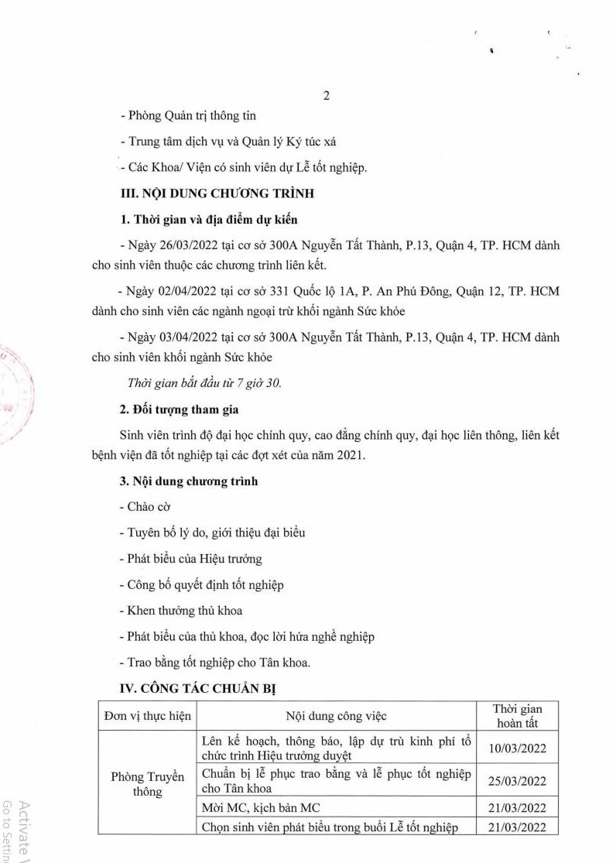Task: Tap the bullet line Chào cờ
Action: pyautogui.click(x=145, y=506)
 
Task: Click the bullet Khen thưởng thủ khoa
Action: pyautogui.click(x=181, y=610)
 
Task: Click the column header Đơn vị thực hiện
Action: pyautogui.click(x=147, y=716)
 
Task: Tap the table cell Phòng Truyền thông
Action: pyautogui.click(x=147, y=783)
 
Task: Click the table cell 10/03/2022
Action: pyautogui.click(x=518, y=748)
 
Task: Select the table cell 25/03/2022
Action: pyautogui.click(x=518, y=780)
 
